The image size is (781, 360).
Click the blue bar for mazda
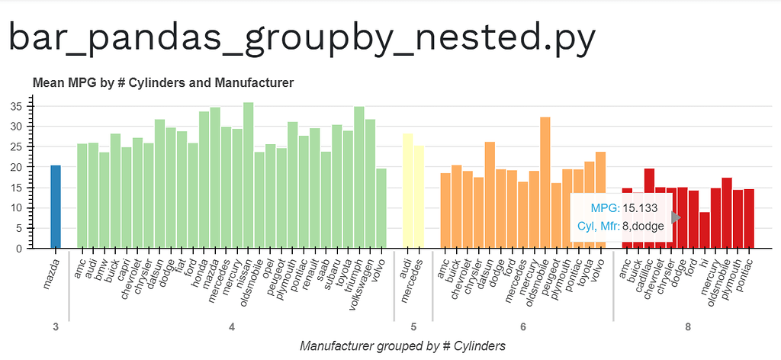[x=56, y=207]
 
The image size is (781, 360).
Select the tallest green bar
[x=248, y=175]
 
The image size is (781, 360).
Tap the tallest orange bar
[x=545, y=182]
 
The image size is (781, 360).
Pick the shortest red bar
[x=704, y=230]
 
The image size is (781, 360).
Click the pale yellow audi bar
[x=407, y=191]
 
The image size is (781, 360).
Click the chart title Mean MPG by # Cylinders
[x=163, y=82]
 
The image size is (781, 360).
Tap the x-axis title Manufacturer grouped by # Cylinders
[x=403, y=346]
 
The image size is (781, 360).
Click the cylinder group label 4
[x=231, y=326]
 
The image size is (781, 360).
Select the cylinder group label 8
[x=688, y=326]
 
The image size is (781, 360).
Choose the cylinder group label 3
[x=56, y=326]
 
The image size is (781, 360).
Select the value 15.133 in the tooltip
[x=639, y=207]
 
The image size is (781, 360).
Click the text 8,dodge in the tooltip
[x=643, y=225]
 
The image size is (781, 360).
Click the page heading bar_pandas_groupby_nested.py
[x=302, y=38]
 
